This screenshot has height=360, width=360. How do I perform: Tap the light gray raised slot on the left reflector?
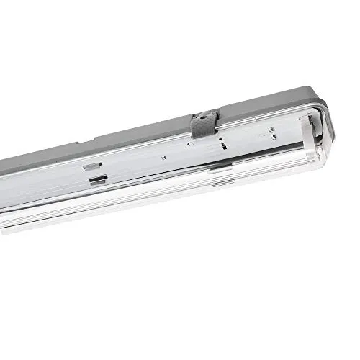coord(91,166)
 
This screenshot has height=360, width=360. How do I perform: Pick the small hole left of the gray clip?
coord(189,143)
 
